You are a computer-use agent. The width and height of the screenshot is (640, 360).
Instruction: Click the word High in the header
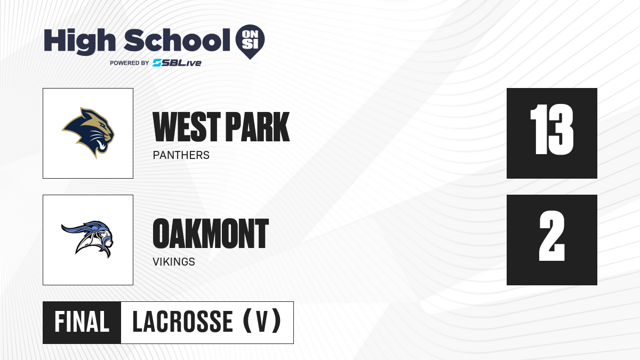point(79,42)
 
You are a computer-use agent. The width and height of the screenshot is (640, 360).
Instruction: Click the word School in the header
point(177,40)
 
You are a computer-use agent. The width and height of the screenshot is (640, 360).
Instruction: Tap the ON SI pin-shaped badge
point(250,42)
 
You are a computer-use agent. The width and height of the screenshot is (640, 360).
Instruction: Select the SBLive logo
point(177,63)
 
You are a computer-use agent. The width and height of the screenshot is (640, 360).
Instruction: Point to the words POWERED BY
point(129,63)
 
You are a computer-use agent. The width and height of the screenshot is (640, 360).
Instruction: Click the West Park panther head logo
point(89,133)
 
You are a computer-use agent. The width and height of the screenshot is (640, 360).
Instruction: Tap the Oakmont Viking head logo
point(87,239)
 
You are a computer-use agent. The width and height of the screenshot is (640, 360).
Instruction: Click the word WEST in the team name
point(187,127)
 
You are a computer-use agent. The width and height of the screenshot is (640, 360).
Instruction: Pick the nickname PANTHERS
point(181,155)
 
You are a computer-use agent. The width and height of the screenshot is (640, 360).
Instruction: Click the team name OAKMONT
point(211,234)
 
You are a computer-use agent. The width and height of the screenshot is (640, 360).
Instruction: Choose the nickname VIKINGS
point(174,262)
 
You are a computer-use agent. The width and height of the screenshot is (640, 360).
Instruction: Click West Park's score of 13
point(551,130)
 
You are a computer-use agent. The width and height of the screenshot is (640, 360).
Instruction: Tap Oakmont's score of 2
point(552,236)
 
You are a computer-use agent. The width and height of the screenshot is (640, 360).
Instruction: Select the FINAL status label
point(82,322)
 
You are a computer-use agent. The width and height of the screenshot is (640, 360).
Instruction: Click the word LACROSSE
point(183,322)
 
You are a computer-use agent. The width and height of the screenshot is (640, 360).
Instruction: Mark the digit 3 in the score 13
point(561,130)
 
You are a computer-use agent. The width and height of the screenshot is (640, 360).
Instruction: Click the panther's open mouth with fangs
point(101,145)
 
